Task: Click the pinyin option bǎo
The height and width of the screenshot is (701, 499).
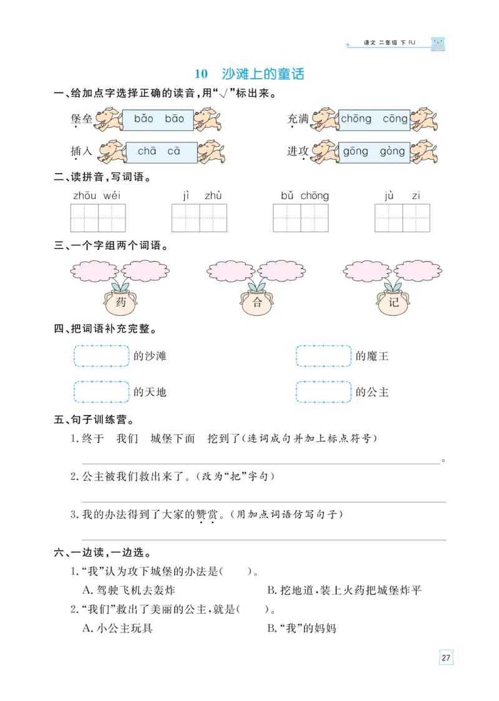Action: pyautogui.click(x=143, y=119)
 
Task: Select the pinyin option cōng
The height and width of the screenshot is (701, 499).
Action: pyautogui.click(x=395, y=119)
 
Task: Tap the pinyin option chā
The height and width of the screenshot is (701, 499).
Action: pyautogui.click(x=147, y=151)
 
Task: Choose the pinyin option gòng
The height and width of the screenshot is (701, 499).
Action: pyautogui.click(x=392, y=151)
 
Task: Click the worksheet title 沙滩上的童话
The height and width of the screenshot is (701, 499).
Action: pyautogui.click(x=263, y=74)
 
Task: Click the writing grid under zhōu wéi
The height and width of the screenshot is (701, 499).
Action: pyautogui.click(x=98, y=218)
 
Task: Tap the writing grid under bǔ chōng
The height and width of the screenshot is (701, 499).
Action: pyautogui.click(x=301, y=218)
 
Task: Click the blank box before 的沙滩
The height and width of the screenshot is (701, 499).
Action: pyautogui.click(x=102, y=356)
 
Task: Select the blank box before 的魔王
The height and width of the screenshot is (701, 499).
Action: pyautogui.click(x=324, y=356)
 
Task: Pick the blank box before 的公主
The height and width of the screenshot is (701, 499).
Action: pyautogui.click(x=324, y=392)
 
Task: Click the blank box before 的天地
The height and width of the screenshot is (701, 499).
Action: pyautogui.click(x=102, y=392)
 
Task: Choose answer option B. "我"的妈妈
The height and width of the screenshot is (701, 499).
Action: pyautogui.click(x=301, y=628)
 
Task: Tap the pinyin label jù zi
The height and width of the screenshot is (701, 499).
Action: pyautogui.click(x=402, y=196)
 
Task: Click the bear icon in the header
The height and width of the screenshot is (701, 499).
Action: pyautogui.click(x=439, y=44)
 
